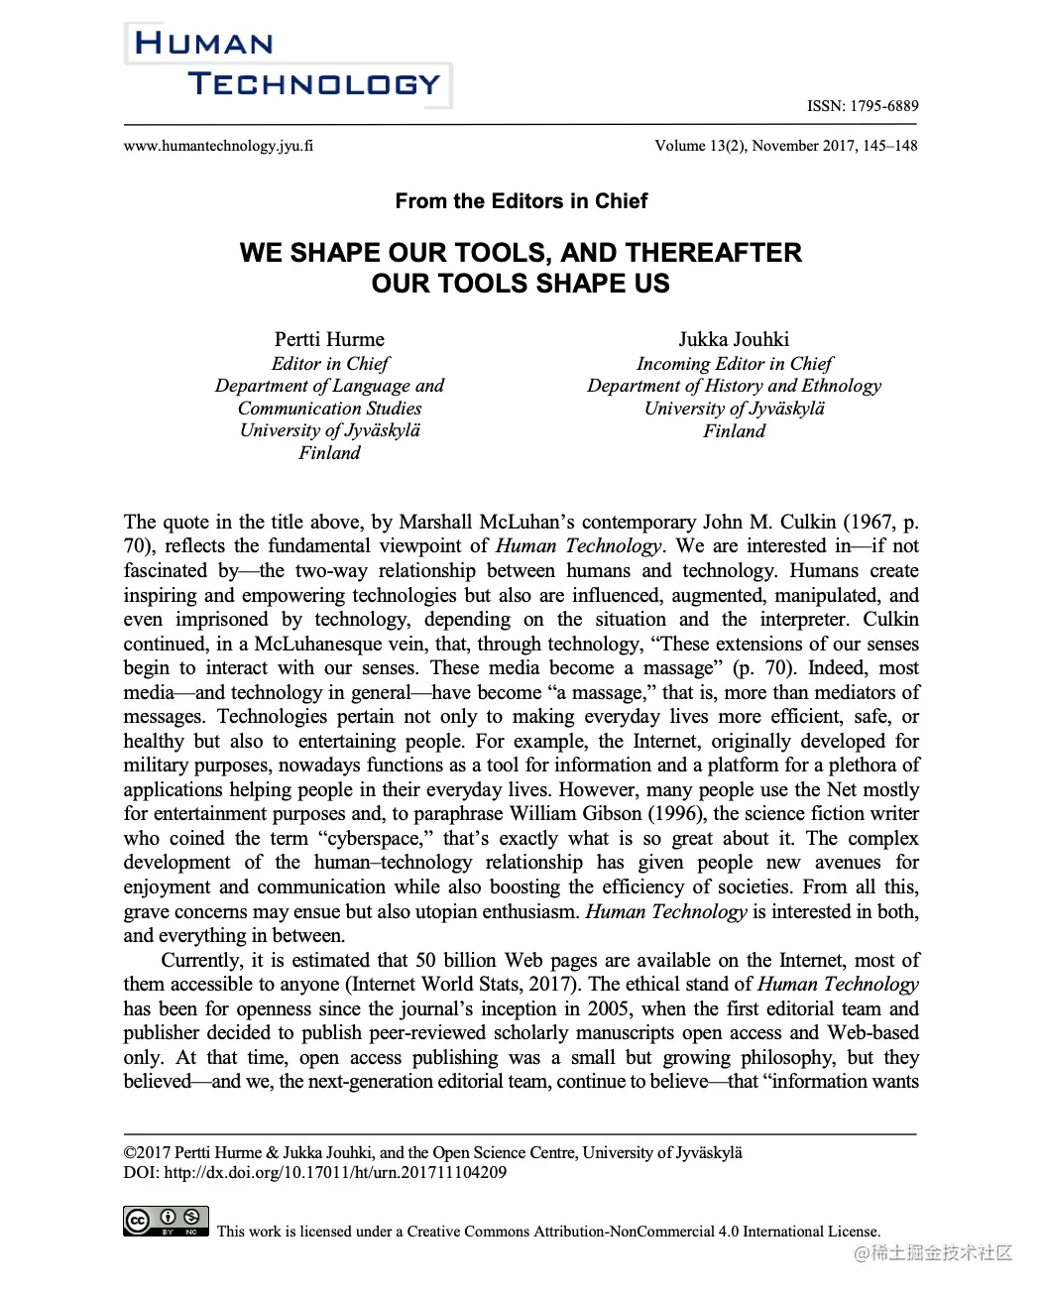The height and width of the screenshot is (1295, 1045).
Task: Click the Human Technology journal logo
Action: [x=288, y=64]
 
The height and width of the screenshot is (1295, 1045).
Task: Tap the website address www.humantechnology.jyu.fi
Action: [x=218, y=146]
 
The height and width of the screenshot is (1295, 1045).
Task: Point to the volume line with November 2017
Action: [x=785, y=146]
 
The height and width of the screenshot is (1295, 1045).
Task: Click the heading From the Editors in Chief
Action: [x=521, y=201]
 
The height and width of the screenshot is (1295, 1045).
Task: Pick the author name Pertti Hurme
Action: [x=329, y=339]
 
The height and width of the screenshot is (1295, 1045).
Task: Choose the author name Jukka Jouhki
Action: [x=734, y=339]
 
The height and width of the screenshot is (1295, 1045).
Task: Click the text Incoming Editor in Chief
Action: [x=734, y=364]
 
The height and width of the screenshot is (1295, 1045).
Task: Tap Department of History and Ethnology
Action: [x=734, y=386]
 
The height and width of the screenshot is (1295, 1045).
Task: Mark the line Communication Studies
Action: [x=329, y=409]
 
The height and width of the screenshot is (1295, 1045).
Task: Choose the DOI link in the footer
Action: [x=335, y=1173]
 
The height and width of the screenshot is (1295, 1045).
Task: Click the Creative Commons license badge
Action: [x=166, y=1221]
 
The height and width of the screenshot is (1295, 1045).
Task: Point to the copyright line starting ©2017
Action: [x=432, y=1153]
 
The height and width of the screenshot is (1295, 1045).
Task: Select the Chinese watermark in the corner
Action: [x=933, y=1253]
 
